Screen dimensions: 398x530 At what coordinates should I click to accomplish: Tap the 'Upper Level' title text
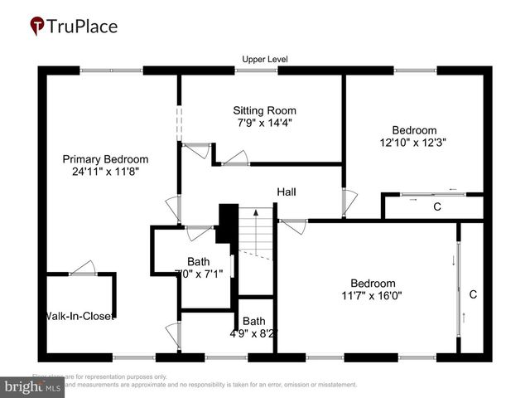(264, 59)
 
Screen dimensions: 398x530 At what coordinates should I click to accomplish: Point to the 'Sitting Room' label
(263, 110)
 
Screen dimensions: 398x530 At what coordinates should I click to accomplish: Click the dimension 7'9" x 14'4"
(263, 123)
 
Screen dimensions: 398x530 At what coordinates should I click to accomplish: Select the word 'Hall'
(287, 192)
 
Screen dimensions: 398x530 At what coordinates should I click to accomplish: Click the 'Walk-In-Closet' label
(79, 316)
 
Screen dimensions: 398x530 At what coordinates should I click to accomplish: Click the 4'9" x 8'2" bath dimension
(254, 334)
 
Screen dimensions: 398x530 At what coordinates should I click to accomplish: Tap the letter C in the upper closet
(436, 207)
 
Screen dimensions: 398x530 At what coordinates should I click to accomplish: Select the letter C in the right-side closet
(473, 294)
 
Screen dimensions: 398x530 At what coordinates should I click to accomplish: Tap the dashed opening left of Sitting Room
(178, 122)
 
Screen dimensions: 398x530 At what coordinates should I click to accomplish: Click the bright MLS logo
(33, 386)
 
